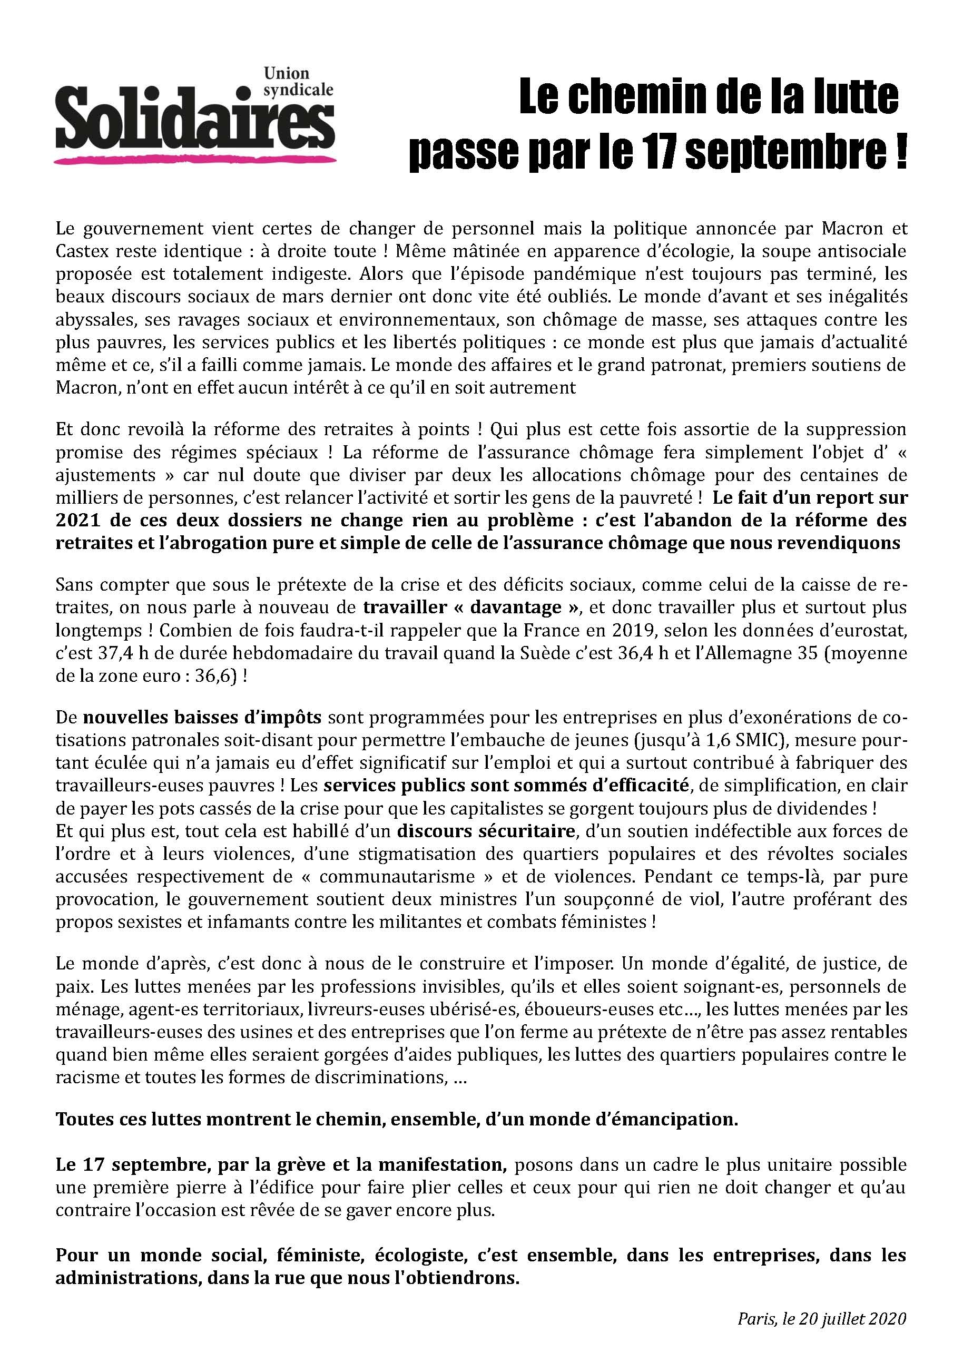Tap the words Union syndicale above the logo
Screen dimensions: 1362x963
click(x=297, y=82)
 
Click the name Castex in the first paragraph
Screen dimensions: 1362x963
click(x=84, y=251)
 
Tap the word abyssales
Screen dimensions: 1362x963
click(x=93, y=320)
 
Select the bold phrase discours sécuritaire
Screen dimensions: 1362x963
click(x=486, y=831)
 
